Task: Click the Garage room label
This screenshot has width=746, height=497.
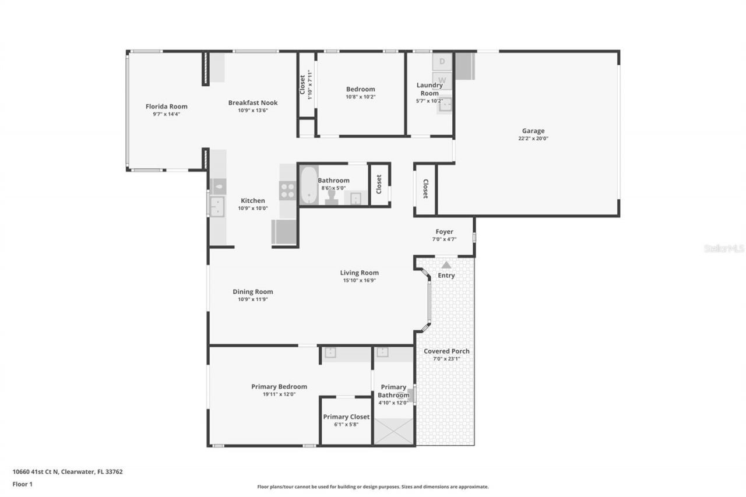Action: (x=533, y=131)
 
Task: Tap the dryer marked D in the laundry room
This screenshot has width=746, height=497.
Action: (x=442, y=61)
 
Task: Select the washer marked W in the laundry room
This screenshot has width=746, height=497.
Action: (x=442, y=80)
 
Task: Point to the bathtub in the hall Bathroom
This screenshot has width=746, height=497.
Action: (x=308, y=185)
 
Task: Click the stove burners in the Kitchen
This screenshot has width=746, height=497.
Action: (x=287, y=191)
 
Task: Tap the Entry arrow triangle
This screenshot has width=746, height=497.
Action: (x=446, y=265)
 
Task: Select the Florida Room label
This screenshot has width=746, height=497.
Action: (x=166, y=107)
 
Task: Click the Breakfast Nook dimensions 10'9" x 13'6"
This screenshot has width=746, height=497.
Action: (x=253, y=110)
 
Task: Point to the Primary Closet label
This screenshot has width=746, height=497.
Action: (x=346, y=417)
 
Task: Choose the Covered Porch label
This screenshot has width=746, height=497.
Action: (x=446, y=351)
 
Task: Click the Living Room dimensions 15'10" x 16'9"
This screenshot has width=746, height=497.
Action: (x=360, y=280)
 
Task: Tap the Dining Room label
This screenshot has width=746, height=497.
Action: (x=252, y=292)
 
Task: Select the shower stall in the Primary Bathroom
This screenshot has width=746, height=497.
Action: (x=393, y=432)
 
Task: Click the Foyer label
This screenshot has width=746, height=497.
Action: (x=444, y=232)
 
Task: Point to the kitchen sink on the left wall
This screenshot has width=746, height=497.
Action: (x=217, y=206)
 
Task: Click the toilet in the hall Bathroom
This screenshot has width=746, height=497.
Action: (x=332, y=197)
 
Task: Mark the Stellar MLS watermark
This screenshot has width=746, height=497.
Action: (x=724, y=248)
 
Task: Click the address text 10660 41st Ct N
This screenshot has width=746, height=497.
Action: (x=34, y=472)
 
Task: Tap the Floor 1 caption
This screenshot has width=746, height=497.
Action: (x=23, y=484)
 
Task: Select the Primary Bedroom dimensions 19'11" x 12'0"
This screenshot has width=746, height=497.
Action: (x=279, y=394)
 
